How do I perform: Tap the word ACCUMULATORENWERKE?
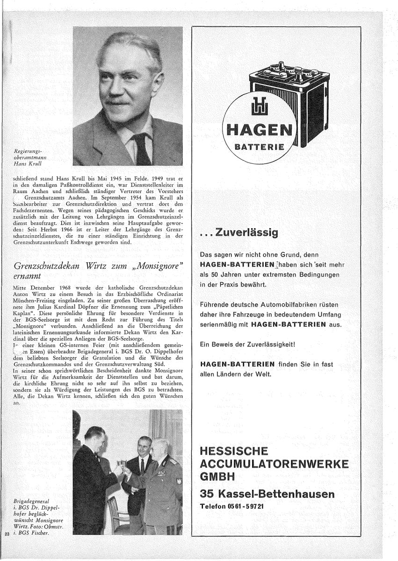pyautogui.click(x=274, y=464)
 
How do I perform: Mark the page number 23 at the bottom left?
pyautogui.click(x=7, y=533)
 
